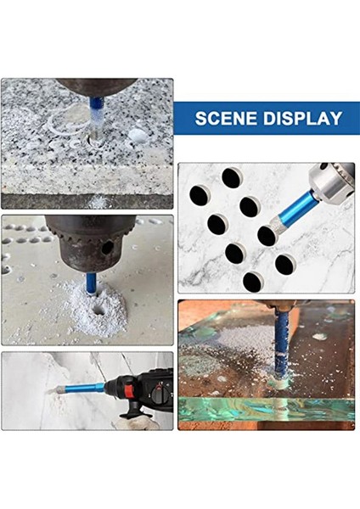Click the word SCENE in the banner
[227, 118]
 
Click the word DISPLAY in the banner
[303, 118]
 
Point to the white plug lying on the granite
[138, 136]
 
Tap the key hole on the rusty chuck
[107, 248]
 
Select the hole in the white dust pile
[98, 310]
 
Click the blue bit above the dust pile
[92, 283]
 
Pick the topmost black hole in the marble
[232, 178]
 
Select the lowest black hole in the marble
[253, 282]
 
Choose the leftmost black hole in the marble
[200, 195]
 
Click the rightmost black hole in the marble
[285, 264]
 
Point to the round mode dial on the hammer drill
[160, 395]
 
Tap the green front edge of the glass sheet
[267, 409]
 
